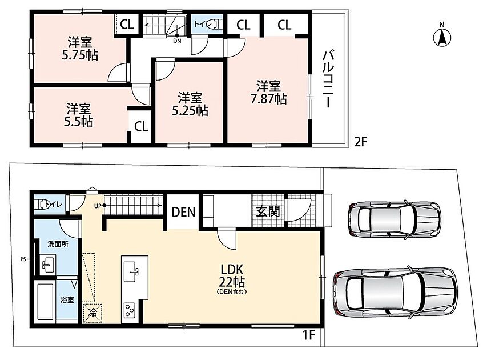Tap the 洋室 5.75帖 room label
click(x=80, y=49)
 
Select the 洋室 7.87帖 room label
click(x=268, y=93)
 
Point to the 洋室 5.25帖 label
click(x=190, y=104)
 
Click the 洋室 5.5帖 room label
click(x=78, y=115)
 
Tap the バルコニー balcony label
click(x=327, y=79)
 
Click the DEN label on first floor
click(x=183, y=212)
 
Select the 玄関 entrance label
click(x=268, y=212)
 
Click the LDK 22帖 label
click(x=232, y=280)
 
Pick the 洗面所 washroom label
click(x=58, y=244)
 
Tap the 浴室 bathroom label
click(x=67, y=299)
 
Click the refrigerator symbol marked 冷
click(x=92, y=312)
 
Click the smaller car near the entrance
click(x=395, y=218)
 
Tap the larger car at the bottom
click(x=395, y=293)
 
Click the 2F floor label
click(x=360, y=142)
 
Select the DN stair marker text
click(x=177, y=41)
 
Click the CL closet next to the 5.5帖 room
click(x=141, y=127)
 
